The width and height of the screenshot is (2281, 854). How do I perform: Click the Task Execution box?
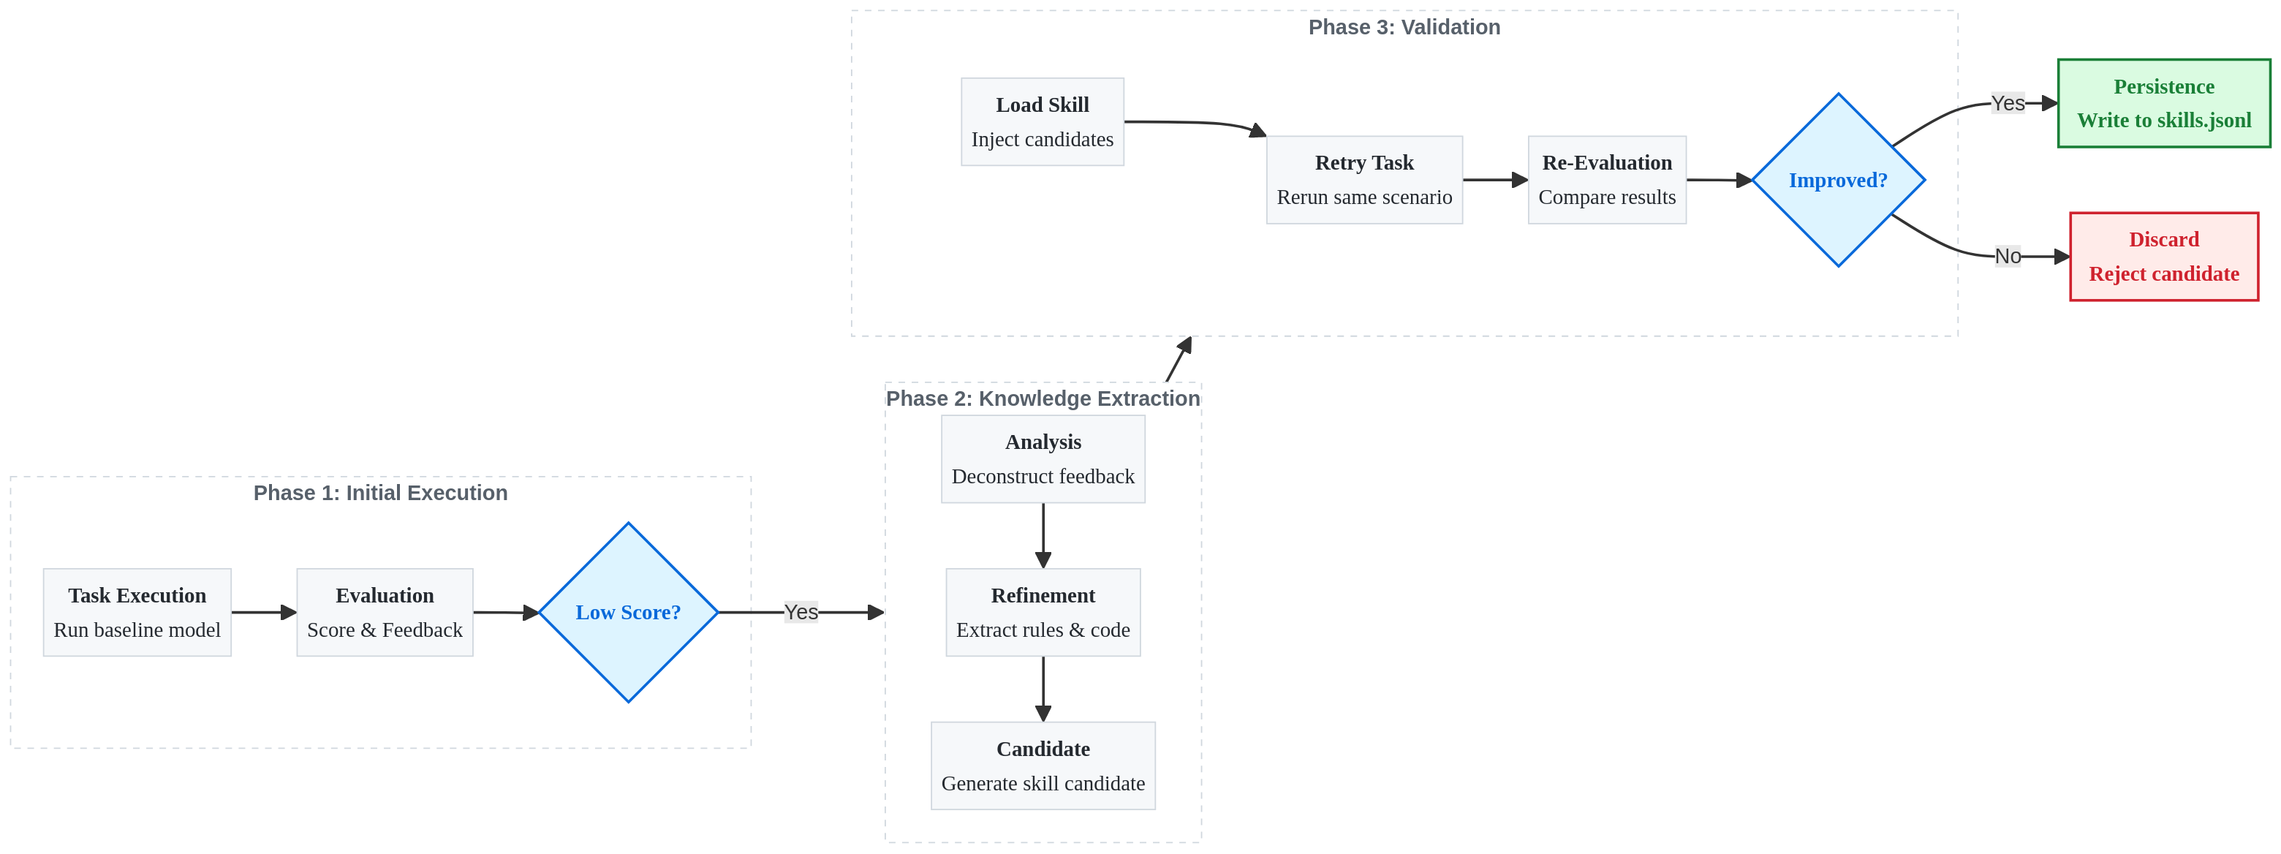[x=137, y=612]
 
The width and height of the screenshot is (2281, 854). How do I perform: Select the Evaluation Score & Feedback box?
[x=385, y=612]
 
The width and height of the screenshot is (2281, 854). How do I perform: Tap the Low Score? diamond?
[x=629, y=612]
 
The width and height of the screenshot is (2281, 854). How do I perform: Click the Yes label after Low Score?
[x=801, y=612]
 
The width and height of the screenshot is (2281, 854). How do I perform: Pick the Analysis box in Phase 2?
[x=1043, y=459]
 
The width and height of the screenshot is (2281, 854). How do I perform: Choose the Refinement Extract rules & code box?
[x=1043, y=612]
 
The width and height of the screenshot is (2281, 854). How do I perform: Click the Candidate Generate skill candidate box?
[x=1043, y=766]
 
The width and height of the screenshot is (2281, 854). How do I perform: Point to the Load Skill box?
[x=1043, y=121]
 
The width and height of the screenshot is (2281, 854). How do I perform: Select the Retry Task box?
[x=1364, y=180]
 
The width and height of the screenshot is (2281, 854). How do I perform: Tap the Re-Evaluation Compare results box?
[x=1607, y=180]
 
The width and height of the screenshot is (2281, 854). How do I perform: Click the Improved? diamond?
[x=1838, y=180]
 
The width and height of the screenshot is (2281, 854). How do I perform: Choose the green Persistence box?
[x=2164, y=104]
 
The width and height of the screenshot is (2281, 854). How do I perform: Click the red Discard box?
[x=2164, y=257]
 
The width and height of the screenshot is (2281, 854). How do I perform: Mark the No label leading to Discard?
[x=2008, y=257]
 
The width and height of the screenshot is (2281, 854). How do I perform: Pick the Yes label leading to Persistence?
[x=2008, y=104]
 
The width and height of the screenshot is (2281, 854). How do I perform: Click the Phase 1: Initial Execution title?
[x=381, y=494]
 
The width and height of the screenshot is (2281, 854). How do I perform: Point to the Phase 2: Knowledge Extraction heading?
[x=1043, y=398]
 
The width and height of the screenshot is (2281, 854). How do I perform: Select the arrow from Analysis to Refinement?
[x=1043, y=536]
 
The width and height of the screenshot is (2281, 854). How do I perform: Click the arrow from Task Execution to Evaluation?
[x=264, y=612]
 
